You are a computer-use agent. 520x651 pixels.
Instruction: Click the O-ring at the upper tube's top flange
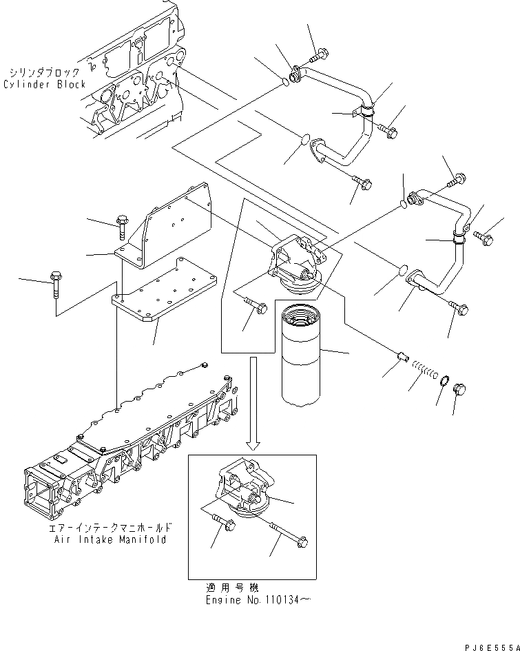[284, 83]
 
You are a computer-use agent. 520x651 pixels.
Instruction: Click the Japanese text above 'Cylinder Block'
[45, 72]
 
